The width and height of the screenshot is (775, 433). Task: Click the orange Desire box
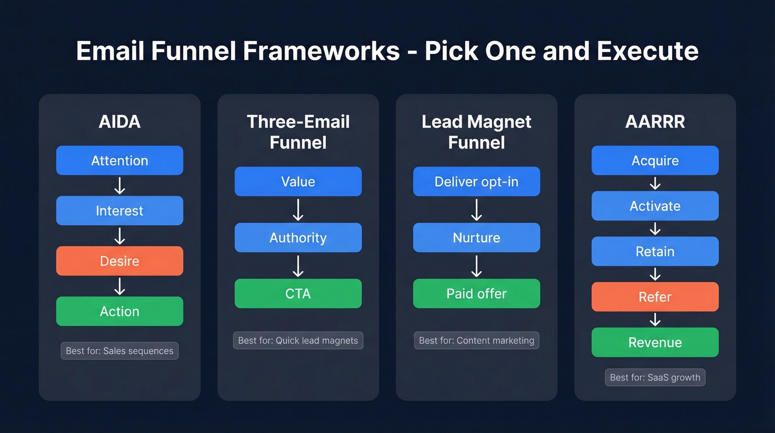click(x=120, y=261)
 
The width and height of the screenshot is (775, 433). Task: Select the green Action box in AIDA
click(x=120, y=311)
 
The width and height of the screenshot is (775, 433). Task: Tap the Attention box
click(x=120, y=161)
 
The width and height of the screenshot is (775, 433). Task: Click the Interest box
click(x=120, y=211)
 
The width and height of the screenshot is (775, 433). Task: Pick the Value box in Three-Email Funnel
click(x=298, y=182)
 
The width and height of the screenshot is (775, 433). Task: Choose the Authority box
click(x=298, y=238)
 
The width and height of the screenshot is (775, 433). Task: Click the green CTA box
click(x=298, y=293)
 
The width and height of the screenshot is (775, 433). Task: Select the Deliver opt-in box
click(x=477, y=182)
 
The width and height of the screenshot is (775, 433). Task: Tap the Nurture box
click(x=477, y=238)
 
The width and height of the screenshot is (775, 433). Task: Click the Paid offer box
click(x=477, y=293)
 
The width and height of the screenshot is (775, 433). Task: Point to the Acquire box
click(x=655, y=161)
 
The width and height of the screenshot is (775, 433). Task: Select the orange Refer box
click(x=655, y=297)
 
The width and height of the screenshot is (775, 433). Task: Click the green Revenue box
click(x=655, y=342)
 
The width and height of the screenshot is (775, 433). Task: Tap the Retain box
click(x=655, y=251)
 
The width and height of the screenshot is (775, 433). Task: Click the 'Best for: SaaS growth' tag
click(x=655, y=378)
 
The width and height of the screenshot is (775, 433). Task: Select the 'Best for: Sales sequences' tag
click(x=120, y=350)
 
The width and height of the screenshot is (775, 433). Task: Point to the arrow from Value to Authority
click(x=298, y=210)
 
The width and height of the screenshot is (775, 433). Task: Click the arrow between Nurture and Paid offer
click(x=477, y=266)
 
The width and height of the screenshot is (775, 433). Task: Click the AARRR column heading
click(x=655, y=121)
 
